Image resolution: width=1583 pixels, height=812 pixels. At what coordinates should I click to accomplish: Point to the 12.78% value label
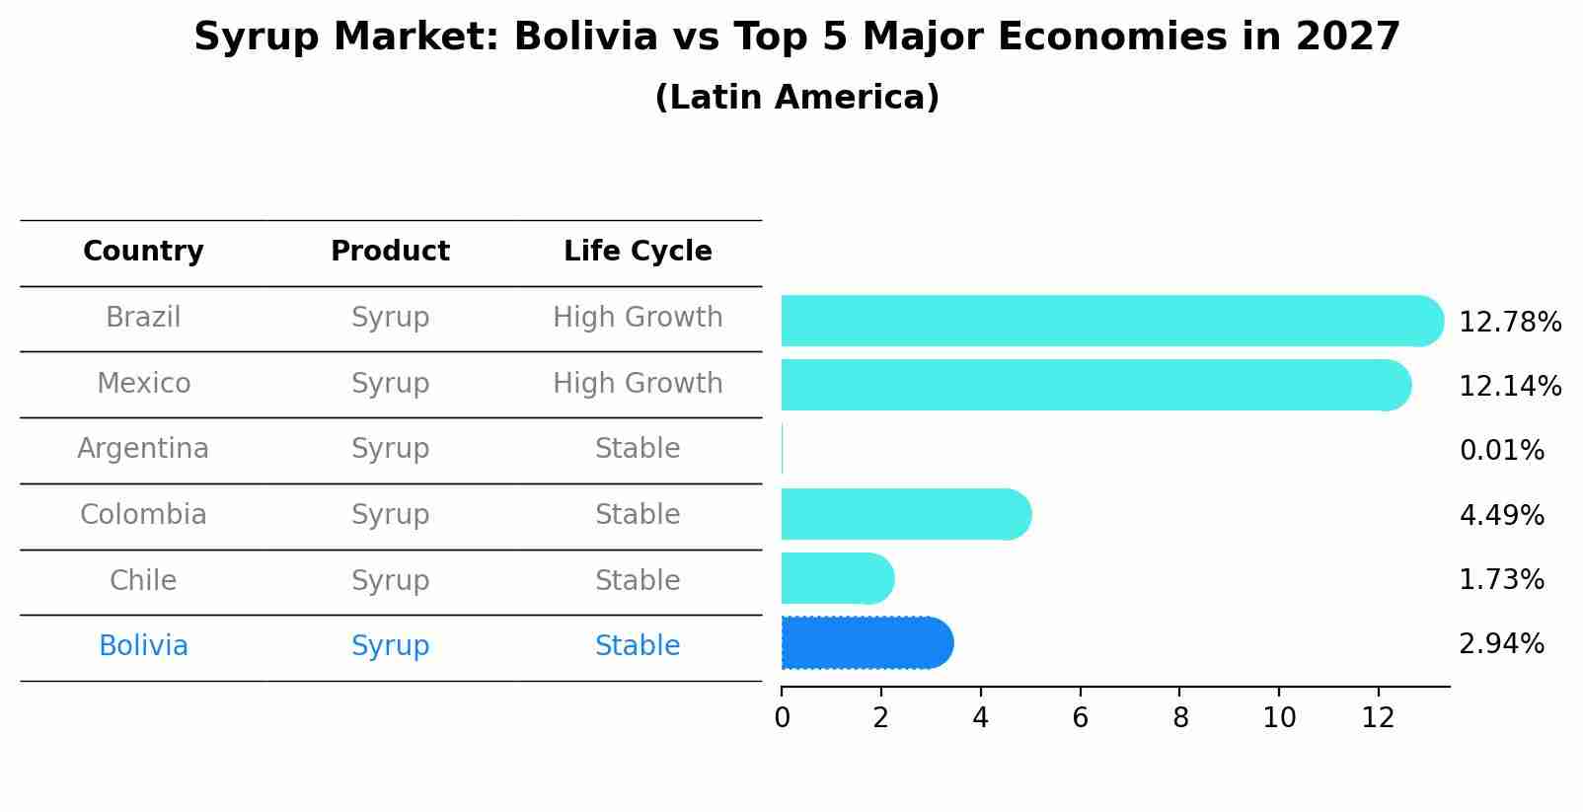coord(1509,323)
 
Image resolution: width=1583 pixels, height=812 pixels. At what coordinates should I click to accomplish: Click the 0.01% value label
coord(1501,451)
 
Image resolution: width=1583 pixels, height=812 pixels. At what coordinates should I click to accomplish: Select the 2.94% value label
coord(1501,644)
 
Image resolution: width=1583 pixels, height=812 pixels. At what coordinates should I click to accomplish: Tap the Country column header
coord(143,252)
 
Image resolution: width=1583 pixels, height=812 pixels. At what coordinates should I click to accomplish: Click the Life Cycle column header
coord(638,252)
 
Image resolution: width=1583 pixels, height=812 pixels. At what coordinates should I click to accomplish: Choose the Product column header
coord(390,252)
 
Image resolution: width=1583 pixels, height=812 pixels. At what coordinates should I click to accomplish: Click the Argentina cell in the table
coord(143,449)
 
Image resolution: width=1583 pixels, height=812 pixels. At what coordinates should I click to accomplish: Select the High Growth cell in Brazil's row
coord(638,318)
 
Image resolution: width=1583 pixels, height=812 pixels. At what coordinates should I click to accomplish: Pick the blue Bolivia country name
coord(143,646)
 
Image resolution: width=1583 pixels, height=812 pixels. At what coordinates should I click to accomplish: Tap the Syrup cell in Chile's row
coord(390,580)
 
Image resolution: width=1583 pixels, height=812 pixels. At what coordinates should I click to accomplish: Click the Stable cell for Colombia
coord(638,515)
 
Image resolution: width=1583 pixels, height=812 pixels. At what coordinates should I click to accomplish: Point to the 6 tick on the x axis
coord(1080,718)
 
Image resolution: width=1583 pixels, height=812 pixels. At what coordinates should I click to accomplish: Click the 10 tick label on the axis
coord(1279,718)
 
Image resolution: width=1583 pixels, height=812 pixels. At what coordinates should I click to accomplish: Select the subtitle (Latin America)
coord(796,98)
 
